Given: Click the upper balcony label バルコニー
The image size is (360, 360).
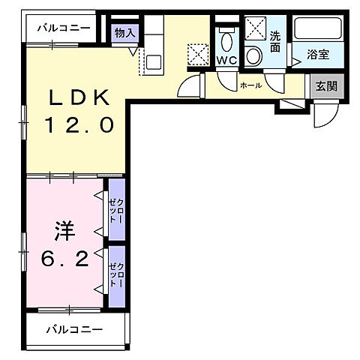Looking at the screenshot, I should (64, 28).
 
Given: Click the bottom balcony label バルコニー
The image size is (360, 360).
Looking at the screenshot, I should (73, 329).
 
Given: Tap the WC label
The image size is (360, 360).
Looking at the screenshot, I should (226, 58).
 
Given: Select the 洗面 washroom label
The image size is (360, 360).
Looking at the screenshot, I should (275, 40).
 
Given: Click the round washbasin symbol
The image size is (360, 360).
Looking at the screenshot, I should (254, 55).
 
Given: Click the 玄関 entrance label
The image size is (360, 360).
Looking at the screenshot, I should (325, 86).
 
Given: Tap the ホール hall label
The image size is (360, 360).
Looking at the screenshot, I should (250, 85).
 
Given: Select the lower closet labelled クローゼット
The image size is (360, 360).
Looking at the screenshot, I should (116, 274).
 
